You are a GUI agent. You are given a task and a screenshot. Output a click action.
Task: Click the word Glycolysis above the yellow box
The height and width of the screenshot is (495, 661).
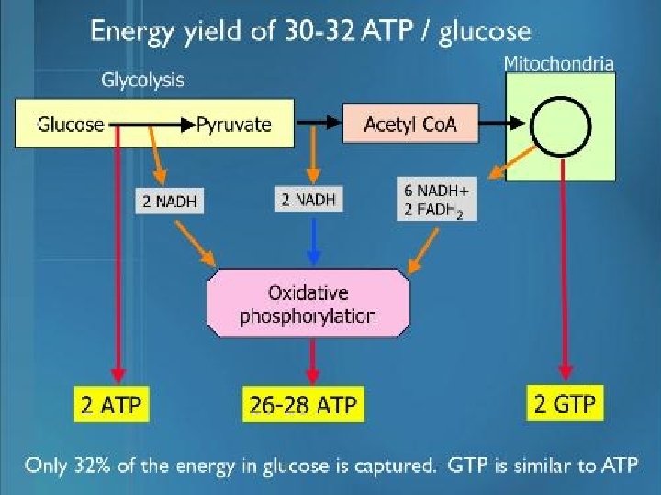[141, 80]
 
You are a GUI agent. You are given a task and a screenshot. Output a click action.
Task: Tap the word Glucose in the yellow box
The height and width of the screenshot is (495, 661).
[70, 124]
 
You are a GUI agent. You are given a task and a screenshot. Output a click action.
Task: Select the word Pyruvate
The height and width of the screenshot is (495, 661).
[234, 124]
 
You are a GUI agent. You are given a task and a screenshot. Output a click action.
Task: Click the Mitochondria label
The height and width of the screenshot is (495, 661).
[559, 63]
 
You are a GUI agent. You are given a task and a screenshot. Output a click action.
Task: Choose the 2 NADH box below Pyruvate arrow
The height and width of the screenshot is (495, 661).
[308, 199]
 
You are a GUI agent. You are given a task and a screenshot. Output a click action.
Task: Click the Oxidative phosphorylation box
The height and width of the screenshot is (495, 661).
[308, 304]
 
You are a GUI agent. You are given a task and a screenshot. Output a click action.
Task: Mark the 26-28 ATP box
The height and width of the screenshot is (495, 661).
[303, 404]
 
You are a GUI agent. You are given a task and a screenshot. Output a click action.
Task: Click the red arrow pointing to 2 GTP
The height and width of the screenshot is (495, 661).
[561, 275]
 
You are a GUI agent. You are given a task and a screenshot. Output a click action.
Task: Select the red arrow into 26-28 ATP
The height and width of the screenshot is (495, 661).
[312, 359]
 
